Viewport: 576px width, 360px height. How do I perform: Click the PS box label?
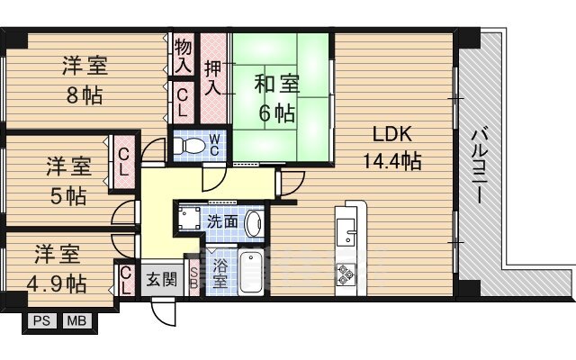(x=41, y=321)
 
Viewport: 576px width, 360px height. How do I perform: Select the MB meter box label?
(x=76, y=321)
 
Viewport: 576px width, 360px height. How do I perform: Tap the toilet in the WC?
(x=188, y=146)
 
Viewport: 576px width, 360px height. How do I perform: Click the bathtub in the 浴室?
(x=250, y=272)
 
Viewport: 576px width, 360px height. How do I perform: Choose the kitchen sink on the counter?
(x=346, y=232)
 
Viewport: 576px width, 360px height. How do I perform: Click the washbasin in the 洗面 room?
(x=254, y=223)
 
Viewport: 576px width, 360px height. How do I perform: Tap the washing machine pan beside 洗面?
(x=189, y=218)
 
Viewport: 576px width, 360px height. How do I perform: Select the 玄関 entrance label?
(x=162, y=280)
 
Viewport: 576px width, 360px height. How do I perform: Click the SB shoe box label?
(x=193, y=278)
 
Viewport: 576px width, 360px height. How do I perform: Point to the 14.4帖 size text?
(x=392, y=161)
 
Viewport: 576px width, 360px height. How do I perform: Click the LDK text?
(x=392, y=134)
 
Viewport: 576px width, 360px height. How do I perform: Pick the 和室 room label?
(x=277, y=84)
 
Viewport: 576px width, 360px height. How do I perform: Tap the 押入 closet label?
(x=213, y=78)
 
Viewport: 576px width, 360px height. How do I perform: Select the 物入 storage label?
(x=183, y=56)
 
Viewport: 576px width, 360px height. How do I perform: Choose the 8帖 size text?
(x=84, y=96)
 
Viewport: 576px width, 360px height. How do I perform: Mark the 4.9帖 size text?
(x=56, y=284)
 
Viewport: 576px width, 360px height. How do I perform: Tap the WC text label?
(x=214, y=145)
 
